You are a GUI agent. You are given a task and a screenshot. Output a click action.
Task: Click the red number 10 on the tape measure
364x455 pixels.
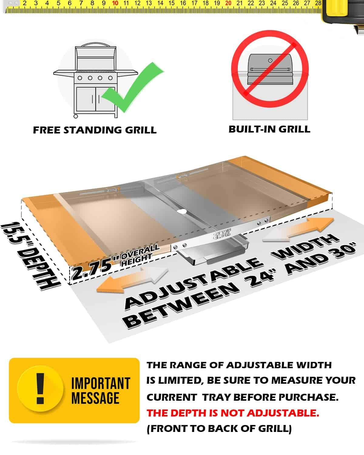point(115,3)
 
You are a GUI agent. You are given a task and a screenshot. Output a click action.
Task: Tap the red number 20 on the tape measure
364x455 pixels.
point(228,3)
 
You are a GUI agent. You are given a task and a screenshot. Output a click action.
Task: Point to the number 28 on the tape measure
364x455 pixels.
point(318,3)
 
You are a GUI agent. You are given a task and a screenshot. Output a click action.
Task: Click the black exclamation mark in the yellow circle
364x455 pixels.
point(40,389)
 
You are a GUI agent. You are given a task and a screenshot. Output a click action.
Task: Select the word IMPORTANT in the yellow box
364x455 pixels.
point(100,383)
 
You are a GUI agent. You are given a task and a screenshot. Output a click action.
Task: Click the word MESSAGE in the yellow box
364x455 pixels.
point(95,398)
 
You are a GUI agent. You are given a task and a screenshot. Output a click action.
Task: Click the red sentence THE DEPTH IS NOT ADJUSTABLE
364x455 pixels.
point(233,413)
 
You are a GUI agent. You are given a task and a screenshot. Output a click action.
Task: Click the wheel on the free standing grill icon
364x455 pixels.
point(76,116)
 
